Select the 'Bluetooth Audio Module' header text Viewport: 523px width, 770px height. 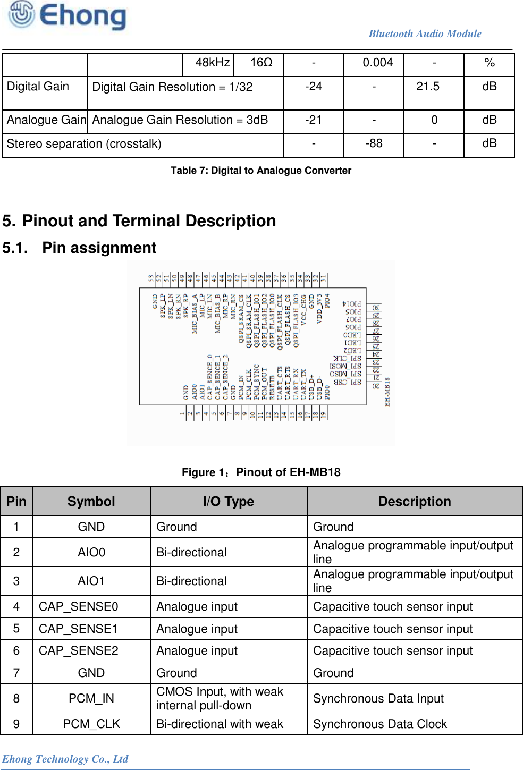point(425,33)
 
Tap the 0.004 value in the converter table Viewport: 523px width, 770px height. point(377,63)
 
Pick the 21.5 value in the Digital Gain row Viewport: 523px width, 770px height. point(427,87)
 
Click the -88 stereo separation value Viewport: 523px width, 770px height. point(374,143)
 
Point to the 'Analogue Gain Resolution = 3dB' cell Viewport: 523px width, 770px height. point(180,120)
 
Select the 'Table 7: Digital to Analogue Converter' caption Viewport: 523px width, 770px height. point(260,171)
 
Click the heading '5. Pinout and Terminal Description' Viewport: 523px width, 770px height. point(139,221)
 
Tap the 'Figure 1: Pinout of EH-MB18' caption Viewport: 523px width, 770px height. point(261,472)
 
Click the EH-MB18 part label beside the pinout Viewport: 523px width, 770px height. point(387,392)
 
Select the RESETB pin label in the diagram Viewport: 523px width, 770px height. point(272,387)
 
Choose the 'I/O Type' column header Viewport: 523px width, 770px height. point(228,502)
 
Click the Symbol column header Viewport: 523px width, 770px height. point(91,502)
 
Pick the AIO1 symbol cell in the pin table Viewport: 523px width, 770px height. point(91,581)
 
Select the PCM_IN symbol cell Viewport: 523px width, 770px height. point(91,699)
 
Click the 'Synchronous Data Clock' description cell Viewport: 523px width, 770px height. point(380,724)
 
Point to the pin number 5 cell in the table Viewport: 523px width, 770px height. point(16,629)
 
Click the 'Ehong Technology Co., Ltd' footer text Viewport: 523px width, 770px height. point(65,759)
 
